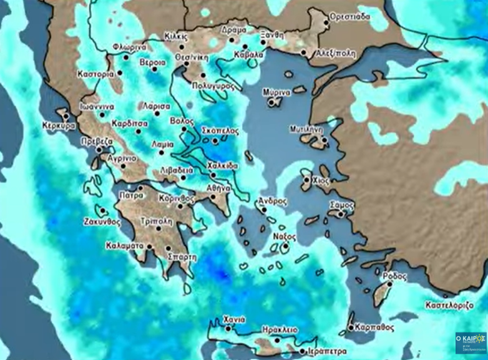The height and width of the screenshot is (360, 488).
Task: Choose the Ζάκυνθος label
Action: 101,221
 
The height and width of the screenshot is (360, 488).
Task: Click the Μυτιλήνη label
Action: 306,129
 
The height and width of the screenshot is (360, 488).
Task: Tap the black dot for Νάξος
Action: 285,247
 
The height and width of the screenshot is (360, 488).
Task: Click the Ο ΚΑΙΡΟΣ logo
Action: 470,343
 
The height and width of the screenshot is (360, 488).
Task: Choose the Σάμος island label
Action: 341,205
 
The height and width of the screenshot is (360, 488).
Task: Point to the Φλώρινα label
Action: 130,47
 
